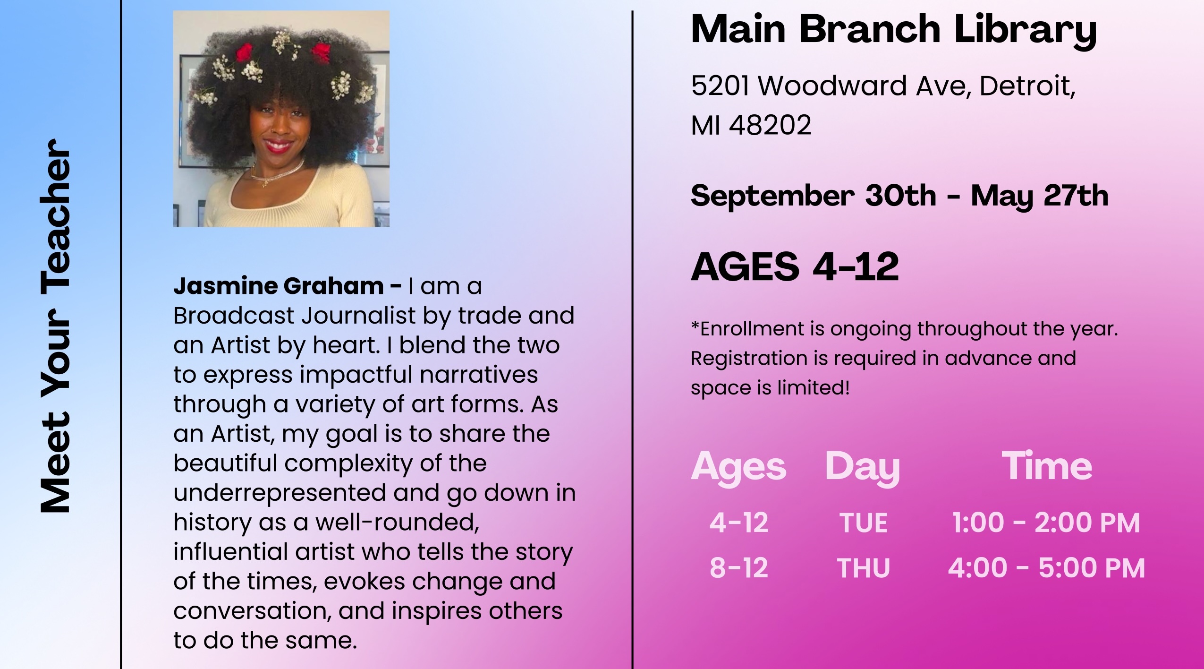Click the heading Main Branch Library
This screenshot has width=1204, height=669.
(893, 31)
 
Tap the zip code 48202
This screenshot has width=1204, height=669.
(770, 125)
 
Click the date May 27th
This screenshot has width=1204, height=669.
(1040, 196)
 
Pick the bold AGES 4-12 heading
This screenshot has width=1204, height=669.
(795, 266)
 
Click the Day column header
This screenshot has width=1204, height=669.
(863, 468)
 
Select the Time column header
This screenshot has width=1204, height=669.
(1047, 466)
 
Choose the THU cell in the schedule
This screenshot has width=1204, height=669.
(864, 568)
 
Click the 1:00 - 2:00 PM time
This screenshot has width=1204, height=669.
(1046, 523)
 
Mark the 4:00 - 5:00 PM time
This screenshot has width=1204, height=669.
(1046, 568)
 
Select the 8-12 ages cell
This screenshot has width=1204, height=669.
(739, 568)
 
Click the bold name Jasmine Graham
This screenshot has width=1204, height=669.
(279, 286)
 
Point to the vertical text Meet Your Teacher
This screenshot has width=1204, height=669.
(55, 326)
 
